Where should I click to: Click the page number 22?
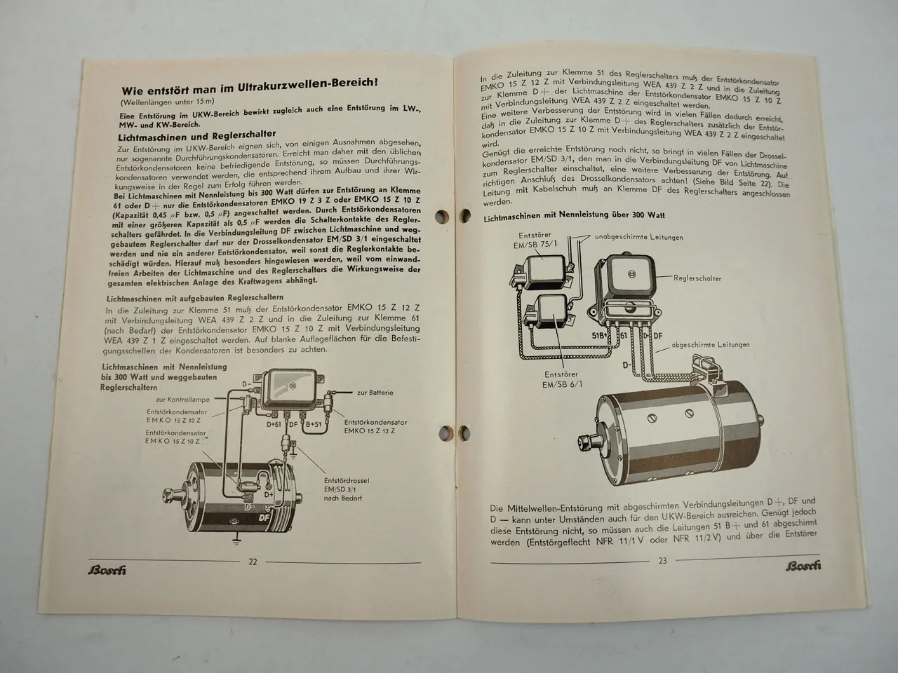tap(253, 561)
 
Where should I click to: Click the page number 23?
tap(662, 559)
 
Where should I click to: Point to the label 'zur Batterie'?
tap(375, 393)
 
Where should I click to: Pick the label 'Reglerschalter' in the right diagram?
tap(697, 278)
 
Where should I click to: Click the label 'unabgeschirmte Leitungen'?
tap(638, 238)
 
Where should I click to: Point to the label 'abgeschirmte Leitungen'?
tap(711, 344)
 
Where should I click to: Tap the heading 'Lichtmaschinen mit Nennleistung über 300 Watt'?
tap(574, 217)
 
